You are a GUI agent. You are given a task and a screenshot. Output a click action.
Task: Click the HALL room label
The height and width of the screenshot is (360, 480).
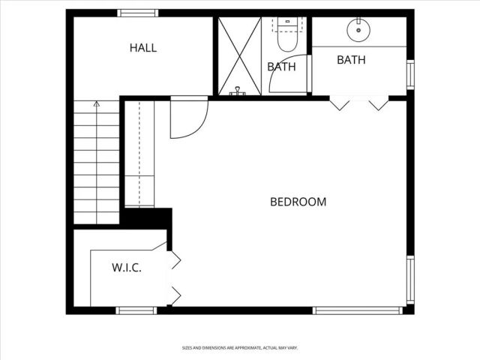(143, 48)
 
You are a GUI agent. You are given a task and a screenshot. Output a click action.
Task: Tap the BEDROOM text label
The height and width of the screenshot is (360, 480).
(298, 202)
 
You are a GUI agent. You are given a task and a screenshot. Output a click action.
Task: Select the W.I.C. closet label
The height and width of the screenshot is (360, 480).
(127, 268)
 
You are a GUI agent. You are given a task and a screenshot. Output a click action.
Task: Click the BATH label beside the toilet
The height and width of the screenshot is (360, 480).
(281, 67)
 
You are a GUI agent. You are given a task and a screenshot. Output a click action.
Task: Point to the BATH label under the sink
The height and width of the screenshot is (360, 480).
(351, 60)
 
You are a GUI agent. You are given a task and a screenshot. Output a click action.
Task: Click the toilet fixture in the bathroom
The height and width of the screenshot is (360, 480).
(287, 33)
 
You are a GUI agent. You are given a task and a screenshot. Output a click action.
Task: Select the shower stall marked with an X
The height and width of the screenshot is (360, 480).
(239, 56)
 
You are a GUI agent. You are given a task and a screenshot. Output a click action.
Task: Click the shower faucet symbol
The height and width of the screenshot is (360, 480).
(238, 91)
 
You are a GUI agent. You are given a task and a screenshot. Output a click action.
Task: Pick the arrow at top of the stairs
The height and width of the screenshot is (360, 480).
(96, 104)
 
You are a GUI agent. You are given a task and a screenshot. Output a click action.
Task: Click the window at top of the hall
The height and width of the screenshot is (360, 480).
(138, 13)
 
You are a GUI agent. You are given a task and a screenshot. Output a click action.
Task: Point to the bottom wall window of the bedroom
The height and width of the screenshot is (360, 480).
(347, 310)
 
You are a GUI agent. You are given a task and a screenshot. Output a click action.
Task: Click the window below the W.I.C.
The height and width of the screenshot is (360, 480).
(136, 310)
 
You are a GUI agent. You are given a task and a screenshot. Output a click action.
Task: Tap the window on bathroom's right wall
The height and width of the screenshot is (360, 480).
(410, 74)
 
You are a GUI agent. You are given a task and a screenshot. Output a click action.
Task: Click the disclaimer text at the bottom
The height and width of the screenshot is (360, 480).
(239, 348)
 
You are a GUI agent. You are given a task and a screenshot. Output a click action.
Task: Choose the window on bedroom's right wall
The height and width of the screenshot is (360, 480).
(410, 280)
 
